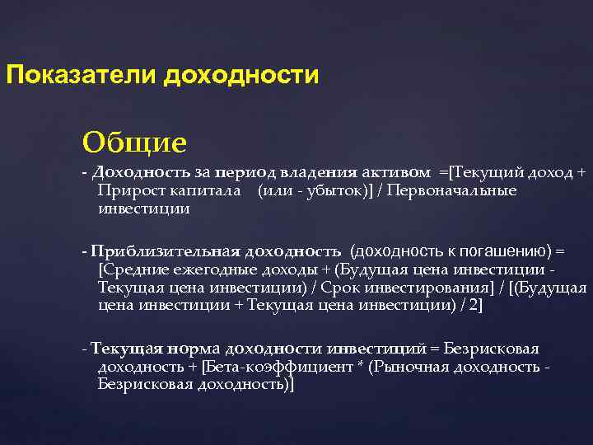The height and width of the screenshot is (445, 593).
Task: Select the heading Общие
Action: [x=134, y=143]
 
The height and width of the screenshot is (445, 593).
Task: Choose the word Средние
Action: [x=131, y=269]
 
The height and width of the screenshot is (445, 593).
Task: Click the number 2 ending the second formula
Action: [x=471, y=306]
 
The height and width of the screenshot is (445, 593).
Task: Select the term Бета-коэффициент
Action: [x=261, y=367]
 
